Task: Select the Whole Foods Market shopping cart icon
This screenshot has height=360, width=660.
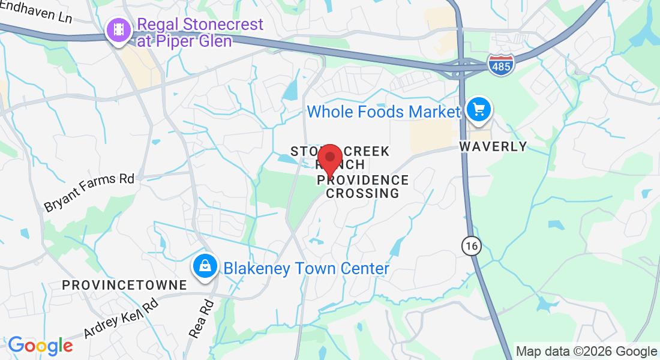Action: [x=478, y=110]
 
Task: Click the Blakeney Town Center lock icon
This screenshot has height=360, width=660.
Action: [x=205, y=265]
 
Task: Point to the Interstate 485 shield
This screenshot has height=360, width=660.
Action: [x=500, y=64]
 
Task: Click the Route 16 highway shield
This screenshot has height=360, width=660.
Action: [x=470, y=245]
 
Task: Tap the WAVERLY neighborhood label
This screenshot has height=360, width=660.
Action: [x=493, y=146]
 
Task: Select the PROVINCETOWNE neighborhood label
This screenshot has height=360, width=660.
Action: [x=125, y=285]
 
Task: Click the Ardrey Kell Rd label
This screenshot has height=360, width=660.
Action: [x=120, y=319]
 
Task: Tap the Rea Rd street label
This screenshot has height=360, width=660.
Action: [x=202, y=319]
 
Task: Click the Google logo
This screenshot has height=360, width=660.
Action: [x=40, y=345]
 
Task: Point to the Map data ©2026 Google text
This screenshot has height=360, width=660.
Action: [x=587, y=352]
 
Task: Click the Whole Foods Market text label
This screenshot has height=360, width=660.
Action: [x=383, y=112]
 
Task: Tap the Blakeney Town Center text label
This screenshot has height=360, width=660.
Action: [x=306, y=268]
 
